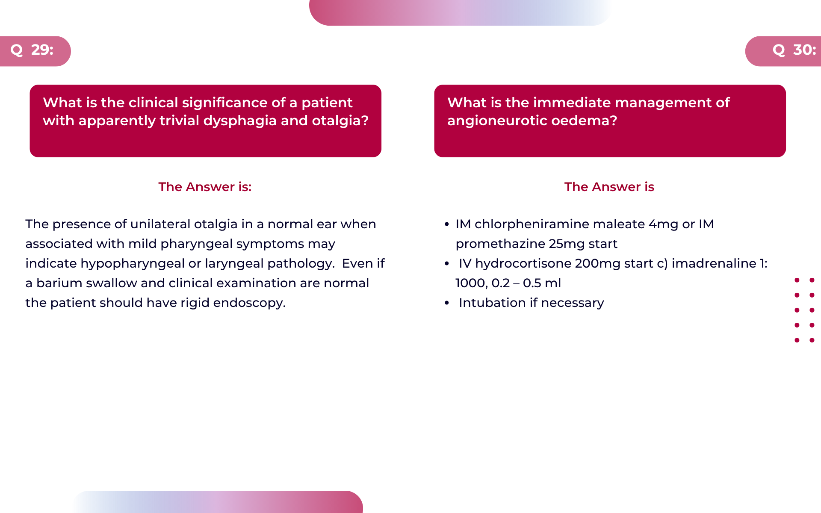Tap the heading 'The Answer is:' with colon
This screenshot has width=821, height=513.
click(x=205, y=187)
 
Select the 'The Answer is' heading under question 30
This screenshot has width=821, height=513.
click(x=609, y=187)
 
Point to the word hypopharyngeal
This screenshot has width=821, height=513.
click(x=133, y=264)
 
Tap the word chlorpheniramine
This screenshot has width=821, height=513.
click(x=532, y=224)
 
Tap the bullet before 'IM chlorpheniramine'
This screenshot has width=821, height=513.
click(x=447, y=224)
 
